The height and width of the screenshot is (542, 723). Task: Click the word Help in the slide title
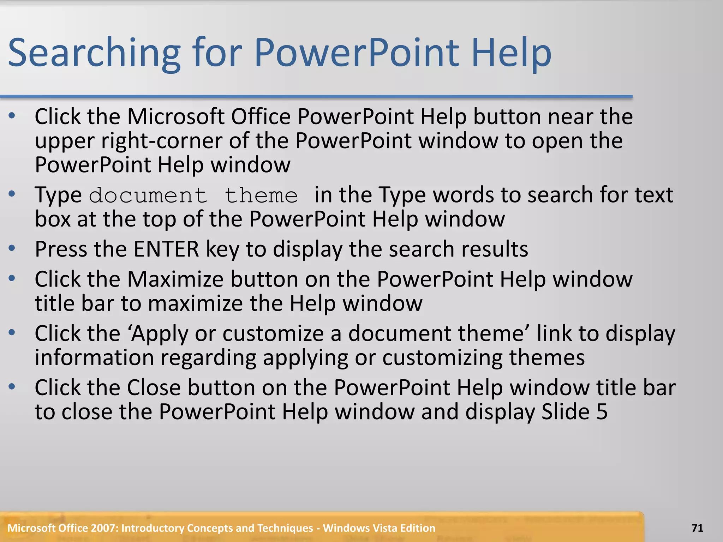[x=511, y=53]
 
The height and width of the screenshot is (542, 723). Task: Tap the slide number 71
[x=697, y=528]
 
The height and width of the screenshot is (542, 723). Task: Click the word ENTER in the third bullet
[x=166, y=249]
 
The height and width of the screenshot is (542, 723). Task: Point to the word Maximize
[x=175, y=279]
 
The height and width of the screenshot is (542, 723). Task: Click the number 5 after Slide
[x=602, y=412]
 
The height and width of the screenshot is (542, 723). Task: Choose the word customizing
[x=442, y=358]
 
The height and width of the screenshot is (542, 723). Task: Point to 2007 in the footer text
[x=104, y=528]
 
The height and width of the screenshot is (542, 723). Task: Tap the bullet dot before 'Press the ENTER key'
[x=12, y=248]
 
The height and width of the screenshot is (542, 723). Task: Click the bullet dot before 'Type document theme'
[x=12, y=194]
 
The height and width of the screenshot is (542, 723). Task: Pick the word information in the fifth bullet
[x=94, y=358]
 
